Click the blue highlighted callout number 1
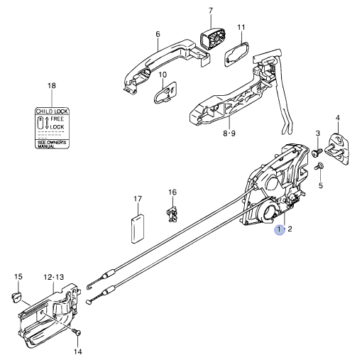(x=280, y=229)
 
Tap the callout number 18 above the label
(x=51, y=86)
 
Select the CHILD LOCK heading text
(x=51, y=111)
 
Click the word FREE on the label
(x=57, y=120)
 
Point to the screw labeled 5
(x=318, y=167)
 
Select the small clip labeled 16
(x=171, y=212)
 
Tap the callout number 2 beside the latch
(x=290, y=229)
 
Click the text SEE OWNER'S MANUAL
(x=51, y=143)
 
